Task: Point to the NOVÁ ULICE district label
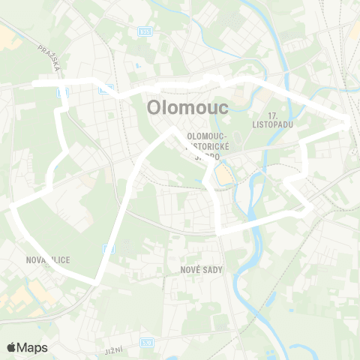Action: [x=46, y=259]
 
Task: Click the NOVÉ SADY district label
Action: [x=199, y=268]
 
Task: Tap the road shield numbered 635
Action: [x=145, y=31]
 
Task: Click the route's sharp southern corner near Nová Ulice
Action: [x=96, y=281]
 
